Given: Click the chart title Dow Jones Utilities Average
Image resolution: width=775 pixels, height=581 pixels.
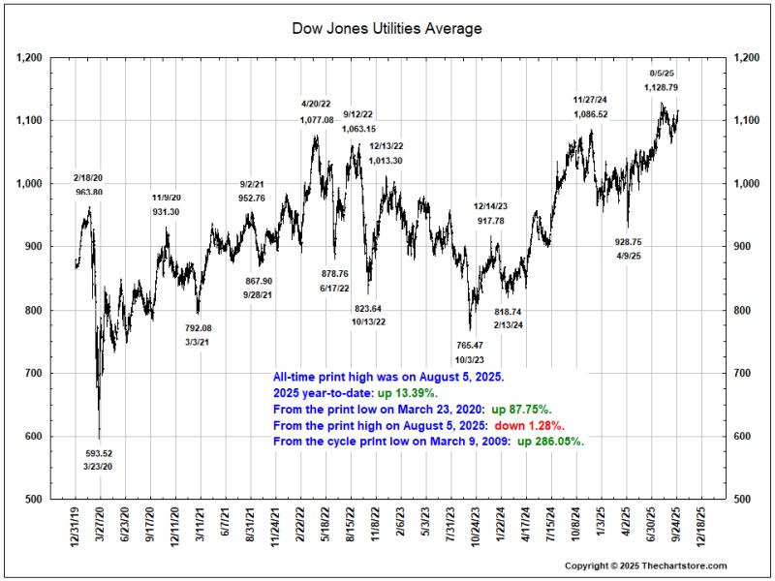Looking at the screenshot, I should [387, 29].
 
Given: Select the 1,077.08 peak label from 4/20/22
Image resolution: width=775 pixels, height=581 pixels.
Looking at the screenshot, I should [317, 120].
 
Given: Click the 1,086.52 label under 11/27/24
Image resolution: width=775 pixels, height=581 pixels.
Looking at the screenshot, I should [590, 114].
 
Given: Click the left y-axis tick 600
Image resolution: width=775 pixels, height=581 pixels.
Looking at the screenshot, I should [31, 437].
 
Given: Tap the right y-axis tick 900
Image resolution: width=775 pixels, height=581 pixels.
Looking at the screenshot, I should [747, 247].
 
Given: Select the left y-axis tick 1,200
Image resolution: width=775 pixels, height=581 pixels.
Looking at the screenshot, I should [28, 58].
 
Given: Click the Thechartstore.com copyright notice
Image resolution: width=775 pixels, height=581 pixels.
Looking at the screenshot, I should [645, 566].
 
